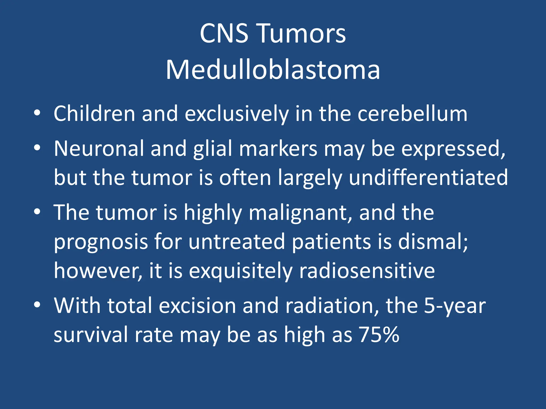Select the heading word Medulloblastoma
coord(273,70)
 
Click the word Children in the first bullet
coord(94,114)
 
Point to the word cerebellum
coord(412,114)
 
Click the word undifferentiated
coord(428,178)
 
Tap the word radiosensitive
coord(367,271)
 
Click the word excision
coord(197,305)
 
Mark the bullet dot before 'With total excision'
coord(37,305)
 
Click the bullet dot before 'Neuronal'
coord(37,148)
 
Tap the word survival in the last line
coord(91,335)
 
